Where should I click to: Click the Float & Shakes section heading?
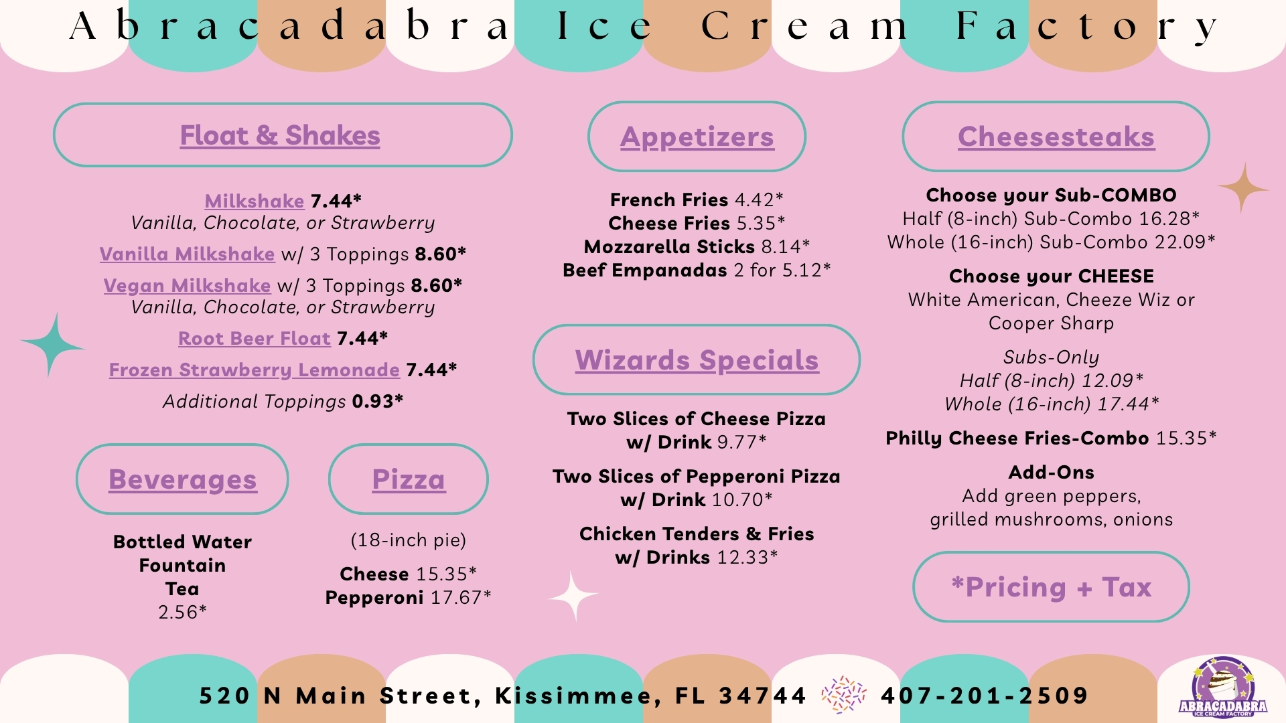point(280,136)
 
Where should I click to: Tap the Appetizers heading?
point(697,137)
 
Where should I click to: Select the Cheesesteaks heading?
point(1056,137)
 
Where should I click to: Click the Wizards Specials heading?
point(697,361)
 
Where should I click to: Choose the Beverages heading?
point(183,480)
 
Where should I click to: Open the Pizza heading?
point(409,479)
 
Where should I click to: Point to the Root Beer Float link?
point(255,339)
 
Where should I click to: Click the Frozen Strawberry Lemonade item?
point(255,370)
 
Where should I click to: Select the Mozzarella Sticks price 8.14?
point(786,247)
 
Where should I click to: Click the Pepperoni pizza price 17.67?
point(461,597)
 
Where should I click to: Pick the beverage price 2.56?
point(182,612)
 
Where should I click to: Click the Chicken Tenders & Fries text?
point(697,534)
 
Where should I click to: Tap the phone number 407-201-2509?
point(985,696)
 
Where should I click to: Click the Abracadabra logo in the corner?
point(1223,688)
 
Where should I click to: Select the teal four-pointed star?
point(52,345)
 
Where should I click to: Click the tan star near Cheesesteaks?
point(1243,189)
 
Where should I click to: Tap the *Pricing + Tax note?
point(1052,587)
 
